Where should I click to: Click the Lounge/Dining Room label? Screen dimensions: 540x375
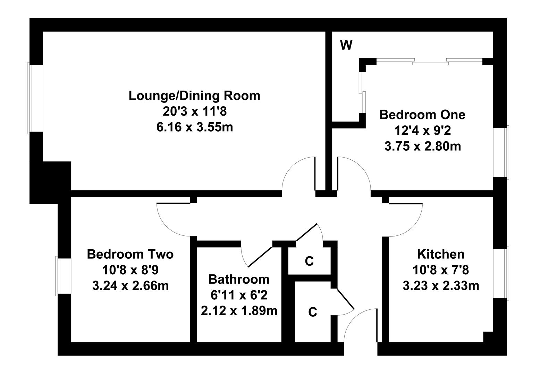(x=194, y=96)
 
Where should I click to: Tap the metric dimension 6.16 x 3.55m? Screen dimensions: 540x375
(x=195, y=127)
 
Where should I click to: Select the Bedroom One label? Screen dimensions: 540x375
(x=422, y=115)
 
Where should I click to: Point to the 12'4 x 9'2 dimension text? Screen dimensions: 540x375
(x=423, y=131)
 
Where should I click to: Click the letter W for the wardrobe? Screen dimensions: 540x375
(x=346, y=45)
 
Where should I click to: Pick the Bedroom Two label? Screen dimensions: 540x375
(x=130, y=255)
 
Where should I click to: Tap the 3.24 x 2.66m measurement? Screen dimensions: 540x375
(x=130, y=286)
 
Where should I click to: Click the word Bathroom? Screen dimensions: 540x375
(x=239, y=280)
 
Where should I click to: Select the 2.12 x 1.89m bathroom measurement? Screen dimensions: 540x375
(x=239, y=311)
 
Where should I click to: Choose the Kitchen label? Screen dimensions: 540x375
(x=441, y=255)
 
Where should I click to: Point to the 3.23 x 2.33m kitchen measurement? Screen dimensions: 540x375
(x=441, y=286)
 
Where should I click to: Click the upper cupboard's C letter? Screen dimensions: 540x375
(x=309, y=261)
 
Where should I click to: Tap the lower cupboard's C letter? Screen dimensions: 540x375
(x=312, y=312)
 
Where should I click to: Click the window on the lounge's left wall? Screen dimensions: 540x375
(x=35, y=98)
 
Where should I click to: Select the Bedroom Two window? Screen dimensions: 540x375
(x=64, y=276)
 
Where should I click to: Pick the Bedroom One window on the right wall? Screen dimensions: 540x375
(x=501, y=152)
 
